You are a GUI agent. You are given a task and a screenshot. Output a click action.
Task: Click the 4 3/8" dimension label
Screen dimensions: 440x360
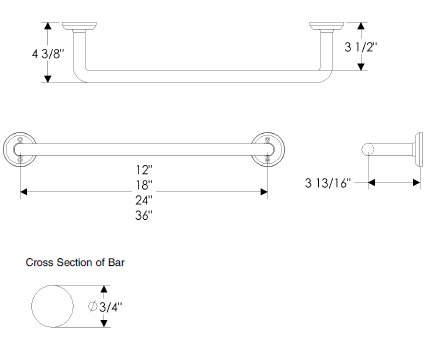(x=48, y=53)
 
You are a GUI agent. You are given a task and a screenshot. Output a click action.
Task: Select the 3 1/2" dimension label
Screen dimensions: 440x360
(x=361, y=47)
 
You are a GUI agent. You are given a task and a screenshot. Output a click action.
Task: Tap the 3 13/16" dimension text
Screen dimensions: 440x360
(x=328, y=183)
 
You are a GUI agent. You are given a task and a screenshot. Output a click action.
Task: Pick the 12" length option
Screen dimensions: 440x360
(x=144, y=170)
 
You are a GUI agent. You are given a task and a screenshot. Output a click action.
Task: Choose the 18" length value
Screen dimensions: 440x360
(x=144, y=184)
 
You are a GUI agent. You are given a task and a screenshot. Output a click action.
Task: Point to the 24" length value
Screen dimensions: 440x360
(x=144, y=200)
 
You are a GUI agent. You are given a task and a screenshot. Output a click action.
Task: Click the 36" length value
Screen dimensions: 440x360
(x=144, y=215)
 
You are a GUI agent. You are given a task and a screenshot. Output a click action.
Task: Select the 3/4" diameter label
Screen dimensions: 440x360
(x=111, y=307)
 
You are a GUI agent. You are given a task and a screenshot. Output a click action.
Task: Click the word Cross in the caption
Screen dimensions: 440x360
(x=39, y=262)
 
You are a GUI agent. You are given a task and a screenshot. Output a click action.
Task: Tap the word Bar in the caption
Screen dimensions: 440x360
(x=116, y=262)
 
